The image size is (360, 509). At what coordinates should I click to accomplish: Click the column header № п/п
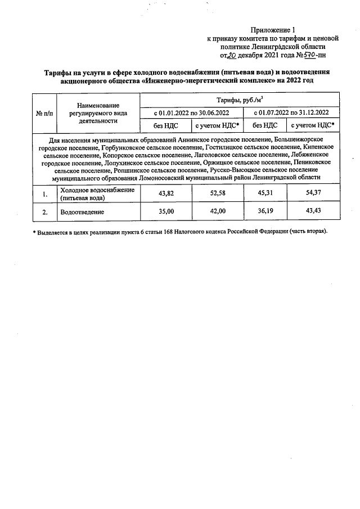tap(44, 112)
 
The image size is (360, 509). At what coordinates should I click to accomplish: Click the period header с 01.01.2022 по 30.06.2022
tap(191, 112)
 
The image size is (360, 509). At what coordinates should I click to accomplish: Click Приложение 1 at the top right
tap(273, 30)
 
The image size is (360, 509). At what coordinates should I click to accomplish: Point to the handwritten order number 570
tap(308, 55)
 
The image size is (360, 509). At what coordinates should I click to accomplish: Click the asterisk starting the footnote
tap(34, 232)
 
